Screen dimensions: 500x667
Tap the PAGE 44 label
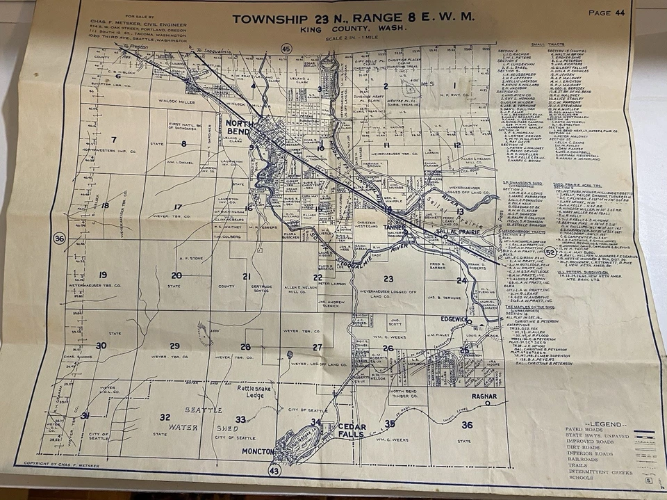[607, 13]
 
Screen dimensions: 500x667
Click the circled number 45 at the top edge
[286, 49]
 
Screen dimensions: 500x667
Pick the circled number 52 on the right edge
[550, 252]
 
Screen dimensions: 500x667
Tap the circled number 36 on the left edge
[59, 239]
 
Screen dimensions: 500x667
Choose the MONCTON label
[260, 451]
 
